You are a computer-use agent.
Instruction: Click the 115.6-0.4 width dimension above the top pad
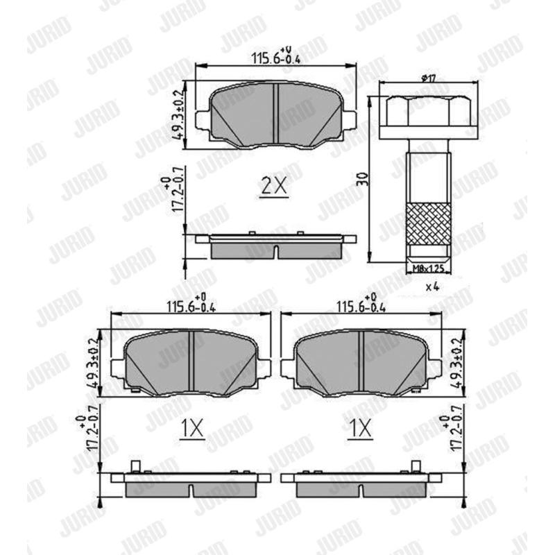[x=276, y=59]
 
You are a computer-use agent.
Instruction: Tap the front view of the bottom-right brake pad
[x=361, y=361]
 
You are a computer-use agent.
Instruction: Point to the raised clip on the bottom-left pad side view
[x=136, y=467]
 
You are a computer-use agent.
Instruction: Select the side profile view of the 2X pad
[x=276, y=244]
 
